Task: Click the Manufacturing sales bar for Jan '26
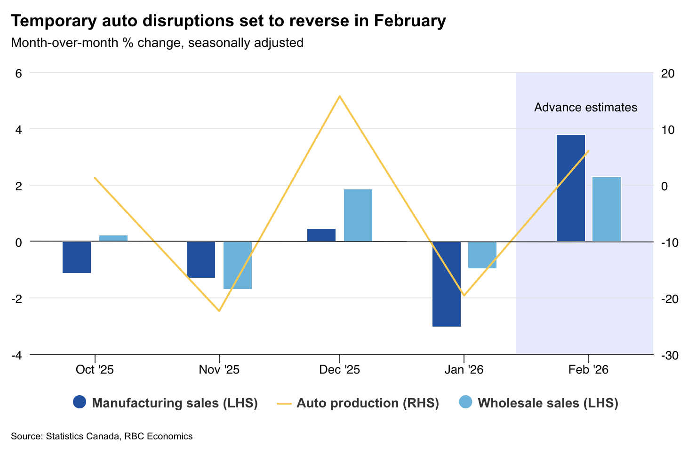tap(446, 284)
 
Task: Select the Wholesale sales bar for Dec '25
tap(358, 215)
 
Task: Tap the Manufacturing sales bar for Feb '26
tap(570, 188)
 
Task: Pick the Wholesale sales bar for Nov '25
tap(237, 265)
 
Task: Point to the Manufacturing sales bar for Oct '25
tap(77, 257)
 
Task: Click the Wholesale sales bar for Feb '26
tap(607, 209)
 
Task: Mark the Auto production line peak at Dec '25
tap(339, 96)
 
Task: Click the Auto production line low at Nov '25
tap(219, 311)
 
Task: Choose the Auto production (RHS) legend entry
tap(358, 403)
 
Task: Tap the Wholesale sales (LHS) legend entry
tap(538, 403)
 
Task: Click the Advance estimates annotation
tap(585, 108)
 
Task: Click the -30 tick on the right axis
tap(669, 356)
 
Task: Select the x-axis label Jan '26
tap(464, 370)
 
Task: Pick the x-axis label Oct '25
tap(95, 370)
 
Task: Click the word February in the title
tap(410, 21)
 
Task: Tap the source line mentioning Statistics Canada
tap(102, 436)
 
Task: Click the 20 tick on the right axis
tap(667, 73)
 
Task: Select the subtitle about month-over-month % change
tap(157, 43)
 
